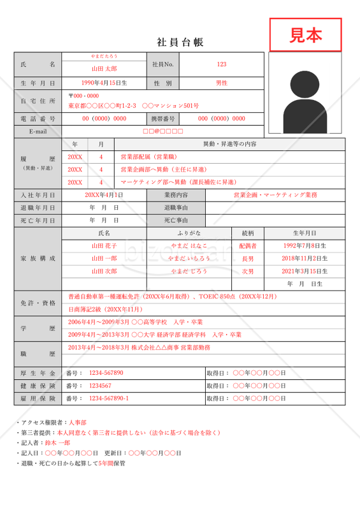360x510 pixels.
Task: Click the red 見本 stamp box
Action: [x=305, y=35]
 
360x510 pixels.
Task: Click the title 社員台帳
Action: [x=180, y=42]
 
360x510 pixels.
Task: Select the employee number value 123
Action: [x=221, y=64]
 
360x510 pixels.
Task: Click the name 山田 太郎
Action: [x=104, y=68]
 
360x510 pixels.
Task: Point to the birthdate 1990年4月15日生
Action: [x=104, y=83]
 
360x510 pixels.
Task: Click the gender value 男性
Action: [x=221, y=83]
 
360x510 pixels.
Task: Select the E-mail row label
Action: [x=38, y=131]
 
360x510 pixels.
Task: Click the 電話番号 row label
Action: [x=38, y=119]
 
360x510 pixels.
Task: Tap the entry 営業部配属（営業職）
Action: [x=150, y=156]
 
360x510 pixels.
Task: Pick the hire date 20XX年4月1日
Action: [x=104, y=195]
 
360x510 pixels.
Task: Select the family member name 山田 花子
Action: [x=104, y=245]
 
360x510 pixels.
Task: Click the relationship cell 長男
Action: [x=248, y=258]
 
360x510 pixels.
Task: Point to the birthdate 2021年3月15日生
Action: [x=304, y=271]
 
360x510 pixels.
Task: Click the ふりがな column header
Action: [x=189, y=233]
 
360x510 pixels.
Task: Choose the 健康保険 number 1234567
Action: [x=100, y=386]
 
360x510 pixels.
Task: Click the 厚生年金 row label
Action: [x=38, y=373]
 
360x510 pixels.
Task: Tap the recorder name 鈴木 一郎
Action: [x=57, y=442]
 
